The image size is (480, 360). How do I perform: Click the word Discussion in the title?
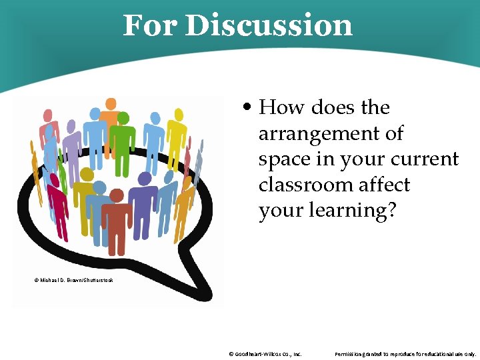point(269,26)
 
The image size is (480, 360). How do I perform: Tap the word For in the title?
point(151,26)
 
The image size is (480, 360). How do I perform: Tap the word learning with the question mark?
point(353,211)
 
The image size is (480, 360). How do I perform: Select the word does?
point(333,107)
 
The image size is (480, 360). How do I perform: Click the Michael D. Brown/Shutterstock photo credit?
point(73,280)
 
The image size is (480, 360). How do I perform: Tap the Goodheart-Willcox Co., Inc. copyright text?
point(265,354)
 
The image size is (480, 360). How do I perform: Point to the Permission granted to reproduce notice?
point(405,354)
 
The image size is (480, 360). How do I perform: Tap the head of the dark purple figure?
point(144,179)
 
